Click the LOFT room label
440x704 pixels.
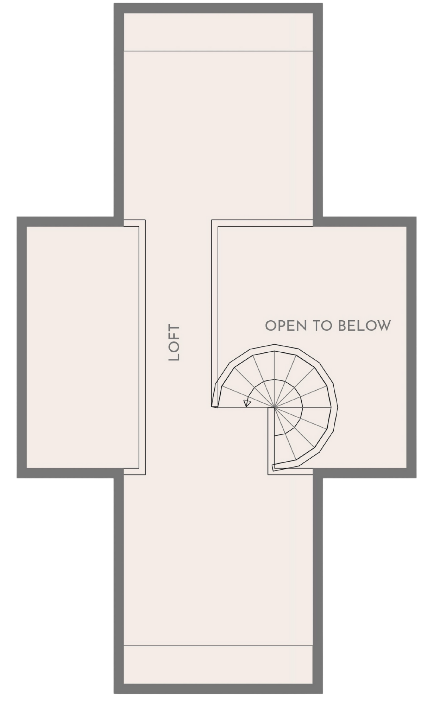tap(174, 342)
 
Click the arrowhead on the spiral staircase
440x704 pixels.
tap(247, 403)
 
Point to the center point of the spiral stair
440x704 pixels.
tap(274, 408)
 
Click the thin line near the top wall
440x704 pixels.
tap(218, 51)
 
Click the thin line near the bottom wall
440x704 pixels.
tap(218, 646)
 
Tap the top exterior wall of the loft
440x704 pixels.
tap(218, 8)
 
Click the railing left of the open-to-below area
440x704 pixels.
tap(214, 310)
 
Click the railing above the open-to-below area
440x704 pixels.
tap(264, 223)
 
